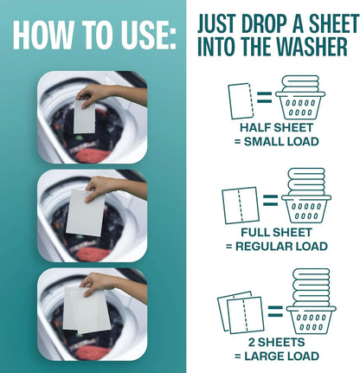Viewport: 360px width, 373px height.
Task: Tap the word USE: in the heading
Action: [x=149, y=35]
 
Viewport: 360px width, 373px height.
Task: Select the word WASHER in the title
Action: [x=308, y=46]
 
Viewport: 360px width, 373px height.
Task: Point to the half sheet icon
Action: [x=241, y=101]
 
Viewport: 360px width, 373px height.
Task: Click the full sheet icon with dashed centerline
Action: [x=241, y=205]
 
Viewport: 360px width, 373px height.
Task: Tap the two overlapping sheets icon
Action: [x=241, y=312]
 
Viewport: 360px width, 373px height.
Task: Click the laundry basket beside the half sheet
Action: [x=300, y=98]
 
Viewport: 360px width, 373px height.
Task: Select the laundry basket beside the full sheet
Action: [x=306, y=196]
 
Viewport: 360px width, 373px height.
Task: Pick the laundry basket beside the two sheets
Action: [x=311, y=301]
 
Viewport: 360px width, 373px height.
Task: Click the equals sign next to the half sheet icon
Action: [x=265, y=98]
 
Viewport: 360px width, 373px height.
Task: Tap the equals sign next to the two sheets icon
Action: [x=275, y=311]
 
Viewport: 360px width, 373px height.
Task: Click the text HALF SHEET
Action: [x=276, y=127]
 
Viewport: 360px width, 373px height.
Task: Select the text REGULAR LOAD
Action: [x=281, y=247]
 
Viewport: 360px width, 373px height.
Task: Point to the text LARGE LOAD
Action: [x=281, y=356]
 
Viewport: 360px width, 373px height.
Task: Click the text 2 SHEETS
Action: [x=276, y=342]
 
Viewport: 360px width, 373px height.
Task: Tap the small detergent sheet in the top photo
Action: [x=84, y=117]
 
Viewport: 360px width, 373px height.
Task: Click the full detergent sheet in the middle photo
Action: [x=85, y=212]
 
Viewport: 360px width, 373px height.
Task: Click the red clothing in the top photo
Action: [x=93, y=155]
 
